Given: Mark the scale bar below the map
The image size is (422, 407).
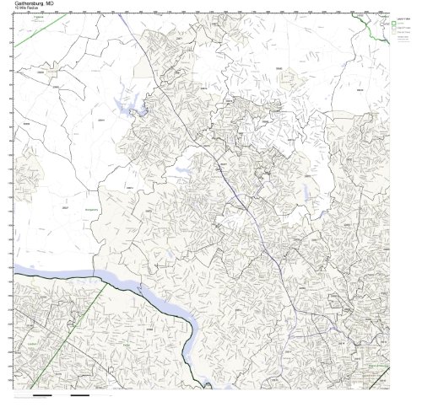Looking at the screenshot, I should tap(59, 395).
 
